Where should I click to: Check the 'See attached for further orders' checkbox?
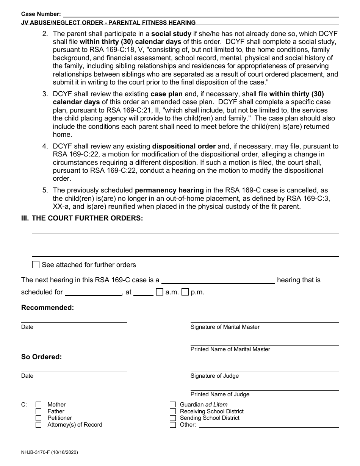[36, 265]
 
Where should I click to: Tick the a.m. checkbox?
[160, 292]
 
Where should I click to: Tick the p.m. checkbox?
[185, 292]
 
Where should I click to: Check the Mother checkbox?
[38, 405]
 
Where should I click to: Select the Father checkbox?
[38, 411]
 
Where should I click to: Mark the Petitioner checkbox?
[38, 418]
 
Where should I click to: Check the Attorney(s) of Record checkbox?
[38, 425]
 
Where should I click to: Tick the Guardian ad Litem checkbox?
[173, 405]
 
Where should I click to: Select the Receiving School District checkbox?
[173, 411]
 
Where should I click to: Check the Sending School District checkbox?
[173, 418]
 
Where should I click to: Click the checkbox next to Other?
[173, 425]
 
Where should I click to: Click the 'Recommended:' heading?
[47, 308]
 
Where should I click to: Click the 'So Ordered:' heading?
[41, 357]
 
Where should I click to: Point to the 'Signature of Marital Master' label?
[225, 327]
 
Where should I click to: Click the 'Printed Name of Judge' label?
[220, 394]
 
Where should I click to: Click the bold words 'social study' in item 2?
[171, 33]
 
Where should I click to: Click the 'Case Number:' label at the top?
[41, 14]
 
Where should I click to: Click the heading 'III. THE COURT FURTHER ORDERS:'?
[82, 218]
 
